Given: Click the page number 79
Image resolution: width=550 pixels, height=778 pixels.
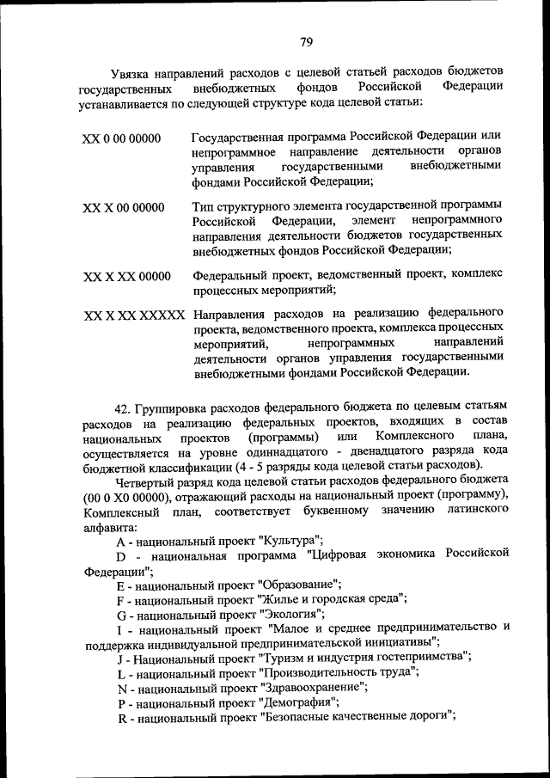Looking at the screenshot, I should point(306,41).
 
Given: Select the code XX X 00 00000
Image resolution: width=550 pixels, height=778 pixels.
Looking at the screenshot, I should point(123,208).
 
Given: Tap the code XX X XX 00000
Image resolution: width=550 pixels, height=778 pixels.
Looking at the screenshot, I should point(126,277).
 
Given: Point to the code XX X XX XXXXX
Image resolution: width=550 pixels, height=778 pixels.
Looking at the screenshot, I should point(134,315).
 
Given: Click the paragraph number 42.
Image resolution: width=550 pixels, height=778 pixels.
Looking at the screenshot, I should point(123,404).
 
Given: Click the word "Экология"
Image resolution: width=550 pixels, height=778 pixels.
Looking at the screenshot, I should point(292,613).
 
